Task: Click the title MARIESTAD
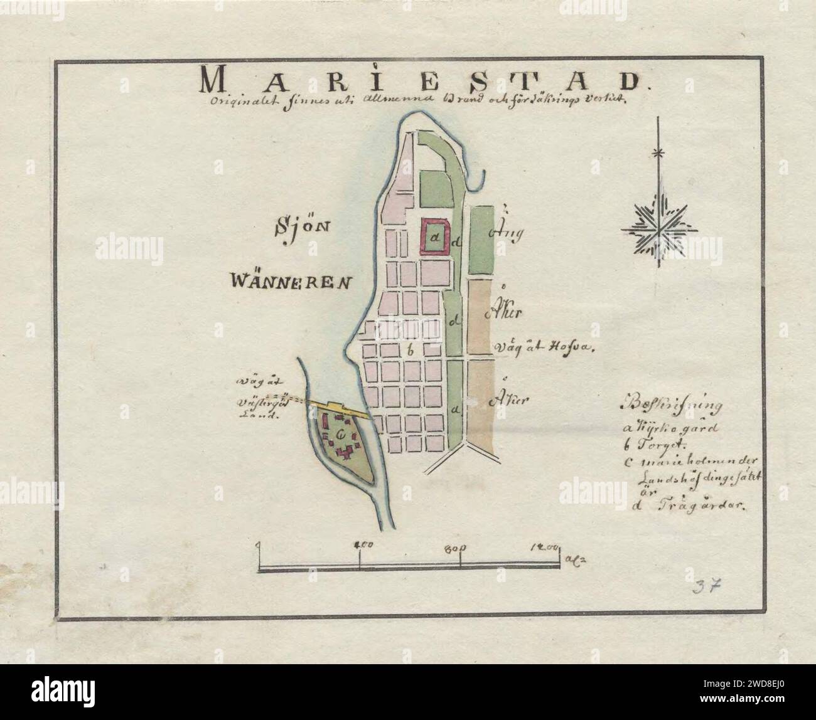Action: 417,81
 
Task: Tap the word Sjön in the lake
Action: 302,226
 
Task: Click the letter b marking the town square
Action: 411,351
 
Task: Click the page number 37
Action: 707,586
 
